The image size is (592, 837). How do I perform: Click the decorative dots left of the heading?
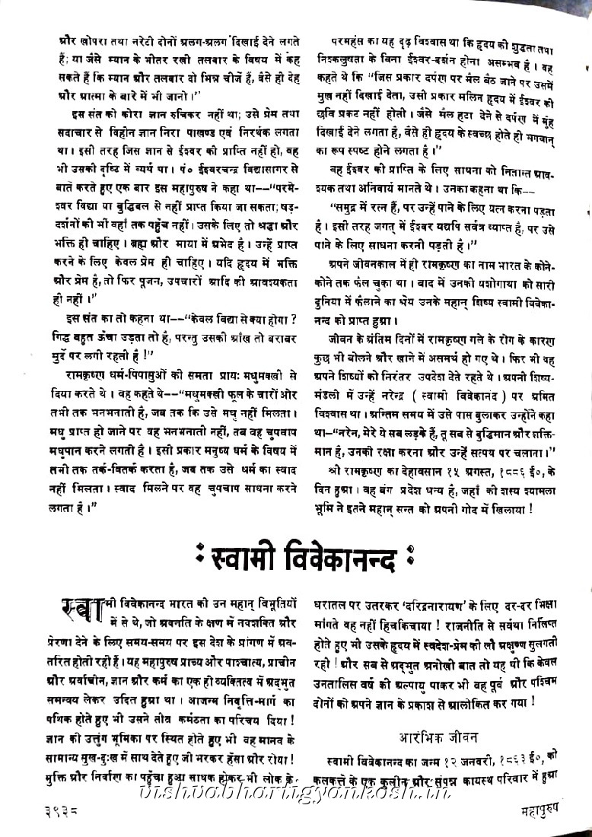[201, 562]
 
